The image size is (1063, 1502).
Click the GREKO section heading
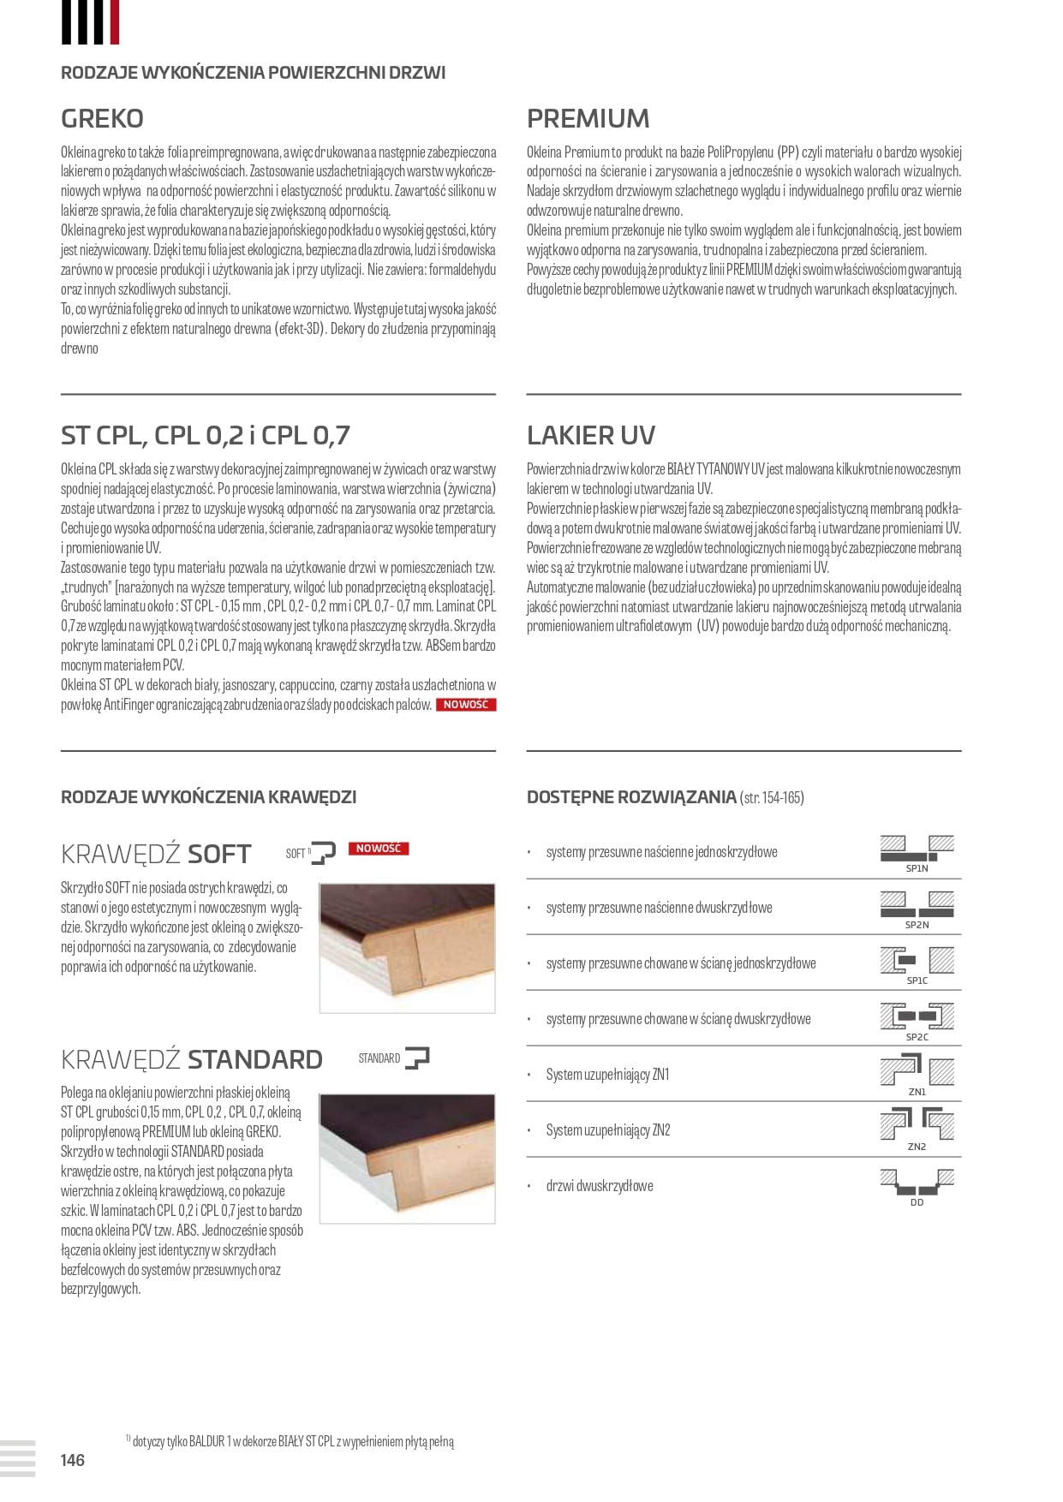coord(102,118)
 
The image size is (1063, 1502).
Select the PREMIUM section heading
coord(588,118)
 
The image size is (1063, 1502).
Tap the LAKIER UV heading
coord(590,435)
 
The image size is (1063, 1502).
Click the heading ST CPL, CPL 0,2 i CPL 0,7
coord(205,435)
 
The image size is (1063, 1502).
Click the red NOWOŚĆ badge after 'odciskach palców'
coord(466,705)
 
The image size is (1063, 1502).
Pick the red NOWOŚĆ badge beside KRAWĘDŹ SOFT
coord(379,849)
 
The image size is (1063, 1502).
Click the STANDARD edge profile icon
coord(416,1058)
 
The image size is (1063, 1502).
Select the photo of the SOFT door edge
coord(408,948)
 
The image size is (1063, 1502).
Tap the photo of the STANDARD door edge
coord(408,1157)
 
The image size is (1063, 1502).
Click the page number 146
coord(73,1460)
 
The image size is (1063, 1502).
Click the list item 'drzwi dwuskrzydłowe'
coord(600,1186)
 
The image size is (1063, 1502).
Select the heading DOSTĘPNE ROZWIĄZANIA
coord(631,797)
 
